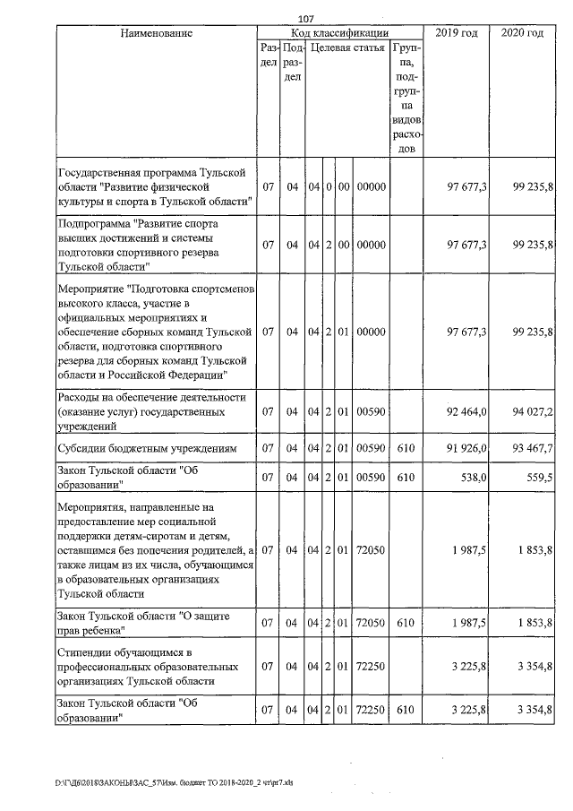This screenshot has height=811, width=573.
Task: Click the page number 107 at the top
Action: point(306,19)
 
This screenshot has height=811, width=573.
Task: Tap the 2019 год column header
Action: point(456,33)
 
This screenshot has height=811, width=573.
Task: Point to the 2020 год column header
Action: point(522,33)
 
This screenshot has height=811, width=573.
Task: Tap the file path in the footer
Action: point(174,782)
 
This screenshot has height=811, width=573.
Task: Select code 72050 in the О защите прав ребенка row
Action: point(370,621)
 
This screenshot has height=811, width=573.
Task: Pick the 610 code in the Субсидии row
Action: point(406,448)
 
